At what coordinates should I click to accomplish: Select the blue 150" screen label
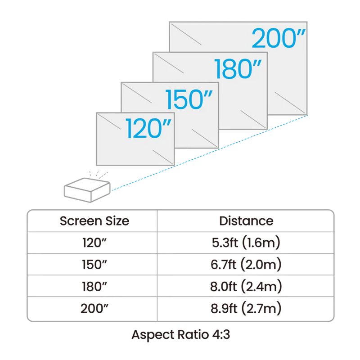[188, 99]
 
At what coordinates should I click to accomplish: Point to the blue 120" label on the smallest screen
[144, 128]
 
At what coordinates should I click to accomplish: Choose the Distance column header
[246, 221]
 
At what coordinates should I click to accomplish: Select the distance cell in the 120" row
[246, 243]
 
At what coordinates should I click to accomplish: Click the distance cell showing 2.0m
[246, 265]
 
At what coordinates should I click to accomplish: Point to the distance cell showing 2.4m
[246, 286]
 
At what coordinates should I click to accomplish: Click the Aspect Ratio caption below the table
[180, 335]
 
